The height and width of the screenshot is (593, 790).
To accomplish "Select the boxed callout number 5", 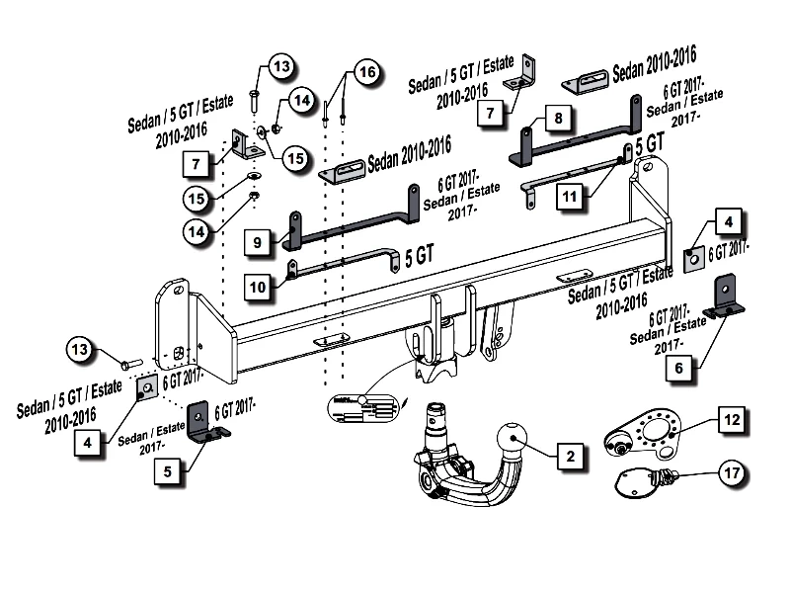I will pos(167,472).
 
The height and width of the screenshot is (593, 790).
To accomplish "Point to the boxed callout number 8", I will pos(558,119).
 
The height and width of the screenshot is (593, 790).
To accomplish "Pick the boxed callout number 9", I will pos(256,241).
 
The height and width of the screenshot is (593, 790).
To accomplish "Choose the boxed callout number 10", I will pos(257,287).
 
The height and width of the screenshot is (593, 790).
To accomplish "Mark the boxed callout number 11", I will pos(569,196).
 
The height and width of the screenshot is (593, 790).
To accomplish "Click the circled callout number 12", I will pos(731,421).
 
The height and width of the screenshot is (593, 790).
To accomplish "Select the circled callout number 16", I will pos(366,74).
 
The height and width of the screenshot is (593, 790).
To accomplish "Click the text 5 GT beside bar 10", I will pos(418,256).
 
